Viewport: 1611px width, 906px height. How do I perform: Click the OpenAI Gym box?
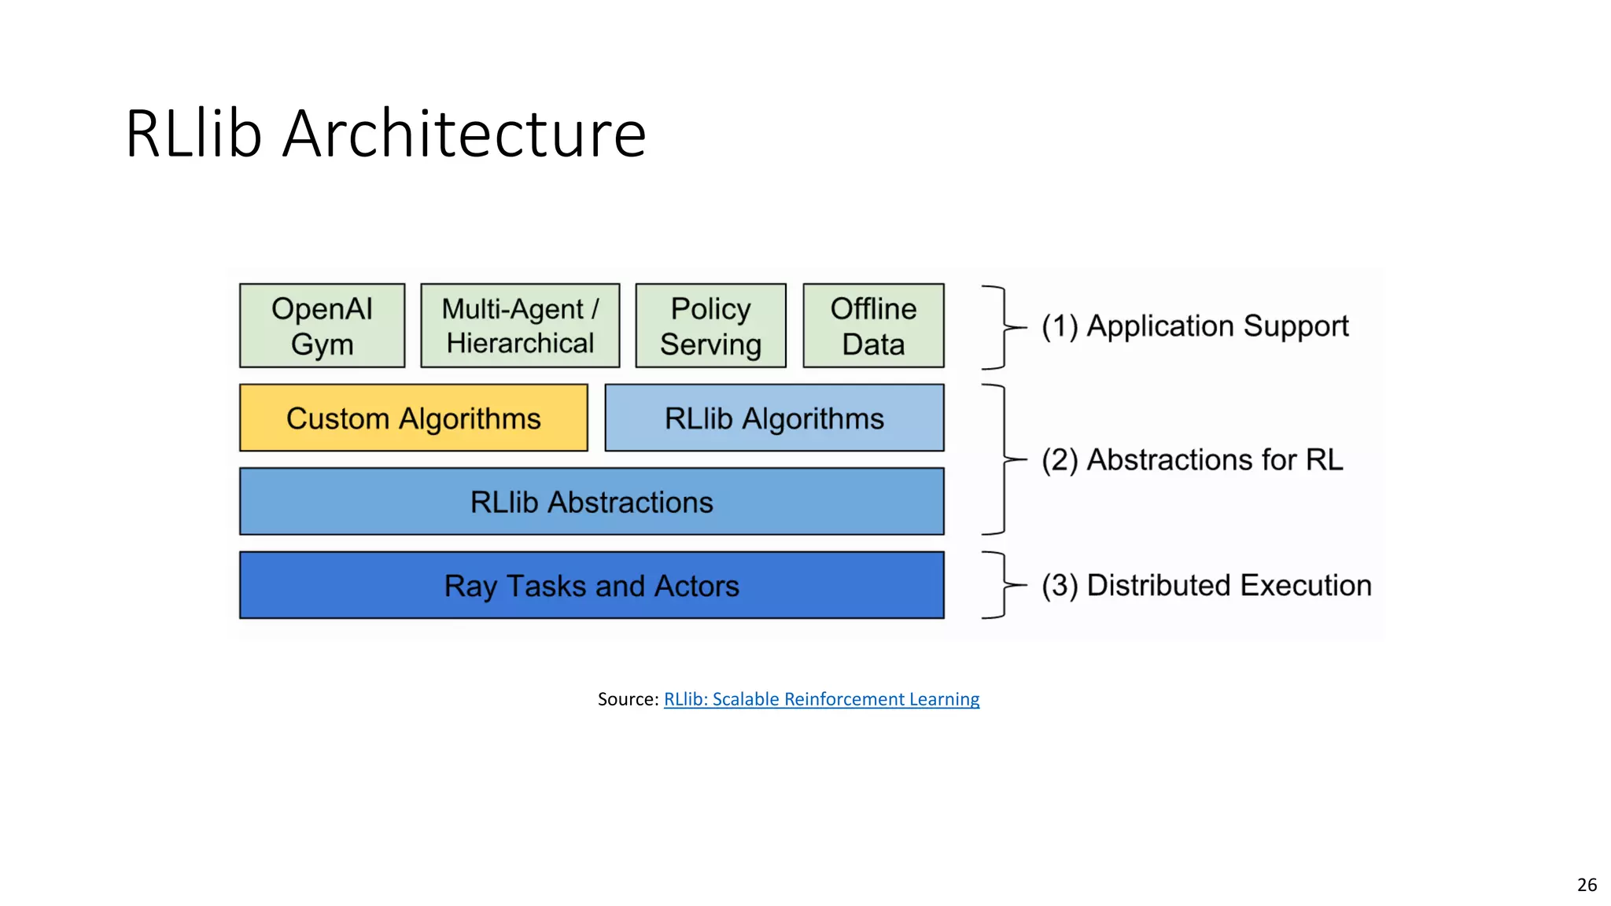(322, 326)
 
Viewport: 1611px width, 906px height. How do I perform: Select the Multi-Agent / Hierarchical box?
(520, 326)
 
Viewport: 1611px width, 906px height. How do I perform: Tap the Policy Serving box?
(710, 326)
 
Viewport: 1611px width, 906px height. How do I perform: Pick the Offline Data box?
(873, 326)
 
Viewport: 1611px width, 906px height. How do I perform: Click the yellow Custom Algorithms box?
(413, 418)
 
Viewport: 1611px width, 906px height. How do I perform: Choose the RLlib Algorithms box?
(774, 418)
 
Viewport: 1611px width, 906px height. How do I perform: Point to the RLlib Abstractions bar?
(592, 502)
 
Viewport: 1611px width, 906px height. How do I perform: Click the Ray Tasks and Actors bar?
(592, 585)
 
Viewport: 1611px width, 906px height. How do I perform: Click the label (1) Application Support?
(1194, 326)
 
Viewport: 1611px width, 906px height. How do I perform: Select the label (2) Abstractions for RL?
(1192, 460)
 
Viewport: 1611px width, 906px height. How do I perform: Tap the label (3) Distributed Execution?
(1206, 586)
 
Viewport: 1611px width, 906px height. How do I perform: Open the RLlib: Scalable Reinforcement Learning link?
(821, 699)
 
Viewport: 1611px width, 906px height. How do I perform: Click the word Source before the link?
(626, 699)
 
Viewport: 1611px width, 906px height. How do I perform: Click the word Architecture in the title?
(464, 134)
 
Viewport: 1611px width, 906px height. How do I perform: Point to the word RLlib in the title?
(193, 134)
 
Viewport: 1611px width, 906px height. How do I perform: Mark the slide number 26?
(1587, 885)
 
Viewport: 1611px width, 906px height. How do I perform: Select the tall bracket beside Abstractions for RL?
(1002, 459)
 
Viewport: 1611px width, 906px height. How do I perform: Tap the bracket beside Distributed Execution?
(1002, 585)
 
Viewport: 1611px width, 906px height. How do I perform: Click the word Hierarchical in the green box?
(520, 344)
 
